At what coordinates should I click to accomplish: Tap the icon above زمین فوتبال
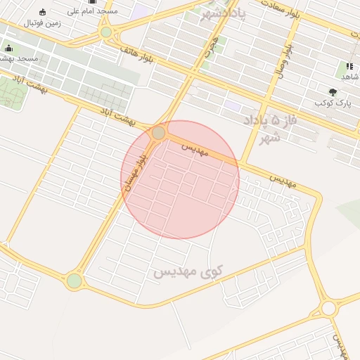42,12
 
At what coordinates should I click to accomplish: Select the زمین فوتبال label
42,23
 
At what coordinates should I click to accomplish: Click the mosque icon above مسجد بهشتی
8,48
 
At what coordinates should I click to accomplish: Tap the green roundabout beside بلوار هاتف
106,32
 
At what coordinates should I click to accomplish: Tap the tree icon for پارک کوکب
333,92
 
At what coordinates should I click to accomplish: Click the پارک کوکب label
333,103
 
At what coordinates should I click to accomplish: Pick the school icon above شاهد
349,65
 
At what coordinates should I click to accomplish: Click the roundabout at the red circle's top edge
159,133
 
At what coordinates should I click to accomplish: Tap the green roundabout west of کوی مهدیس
74,281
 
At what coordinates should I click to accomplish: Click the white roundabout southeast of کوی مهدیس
328,308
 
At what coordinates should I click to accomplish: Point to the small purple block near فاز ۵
233,105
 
